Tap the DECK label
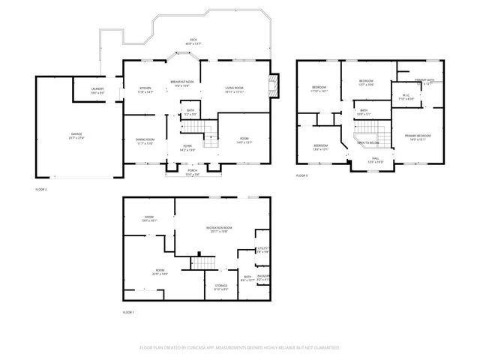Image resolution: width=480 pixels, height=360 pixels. click(x=193, y=41)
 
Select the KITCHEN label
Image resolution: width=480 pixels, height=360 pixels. click(x=145, y=88)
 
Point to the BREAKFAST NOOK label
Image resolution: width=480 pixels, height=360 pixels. click(x=182, y=81)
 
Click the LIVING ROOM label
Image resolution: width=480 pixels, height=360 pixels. click(x=235, y=88)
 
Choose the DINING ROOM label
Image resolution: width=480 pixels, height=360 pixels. click(x=145, y=139)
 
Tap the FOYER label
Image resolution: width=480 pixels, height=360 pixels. click(x=187, y=147)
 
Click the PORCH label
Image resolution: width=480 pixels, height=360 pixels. click(x=193, y=171)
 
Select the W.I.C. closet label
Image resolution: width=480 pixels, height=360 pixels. click(x=404, y=96)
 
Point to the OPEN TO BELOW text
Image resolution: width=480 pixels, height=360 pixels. click(x=367, y=142)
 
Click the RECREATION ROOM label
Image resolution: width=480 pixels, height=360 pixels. click(x=219, y=228)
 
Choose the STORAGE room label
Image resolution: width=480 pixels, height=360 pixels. click(x=221, y=286)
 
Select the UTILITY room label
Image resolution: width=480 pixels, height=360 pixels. click(x=262, y=249)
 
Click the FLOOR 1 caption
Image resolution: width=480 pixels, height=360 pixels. click(x=127, y=312)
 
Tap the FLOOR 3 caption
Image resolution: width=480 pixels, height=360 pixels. click(x=301, y=175)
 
